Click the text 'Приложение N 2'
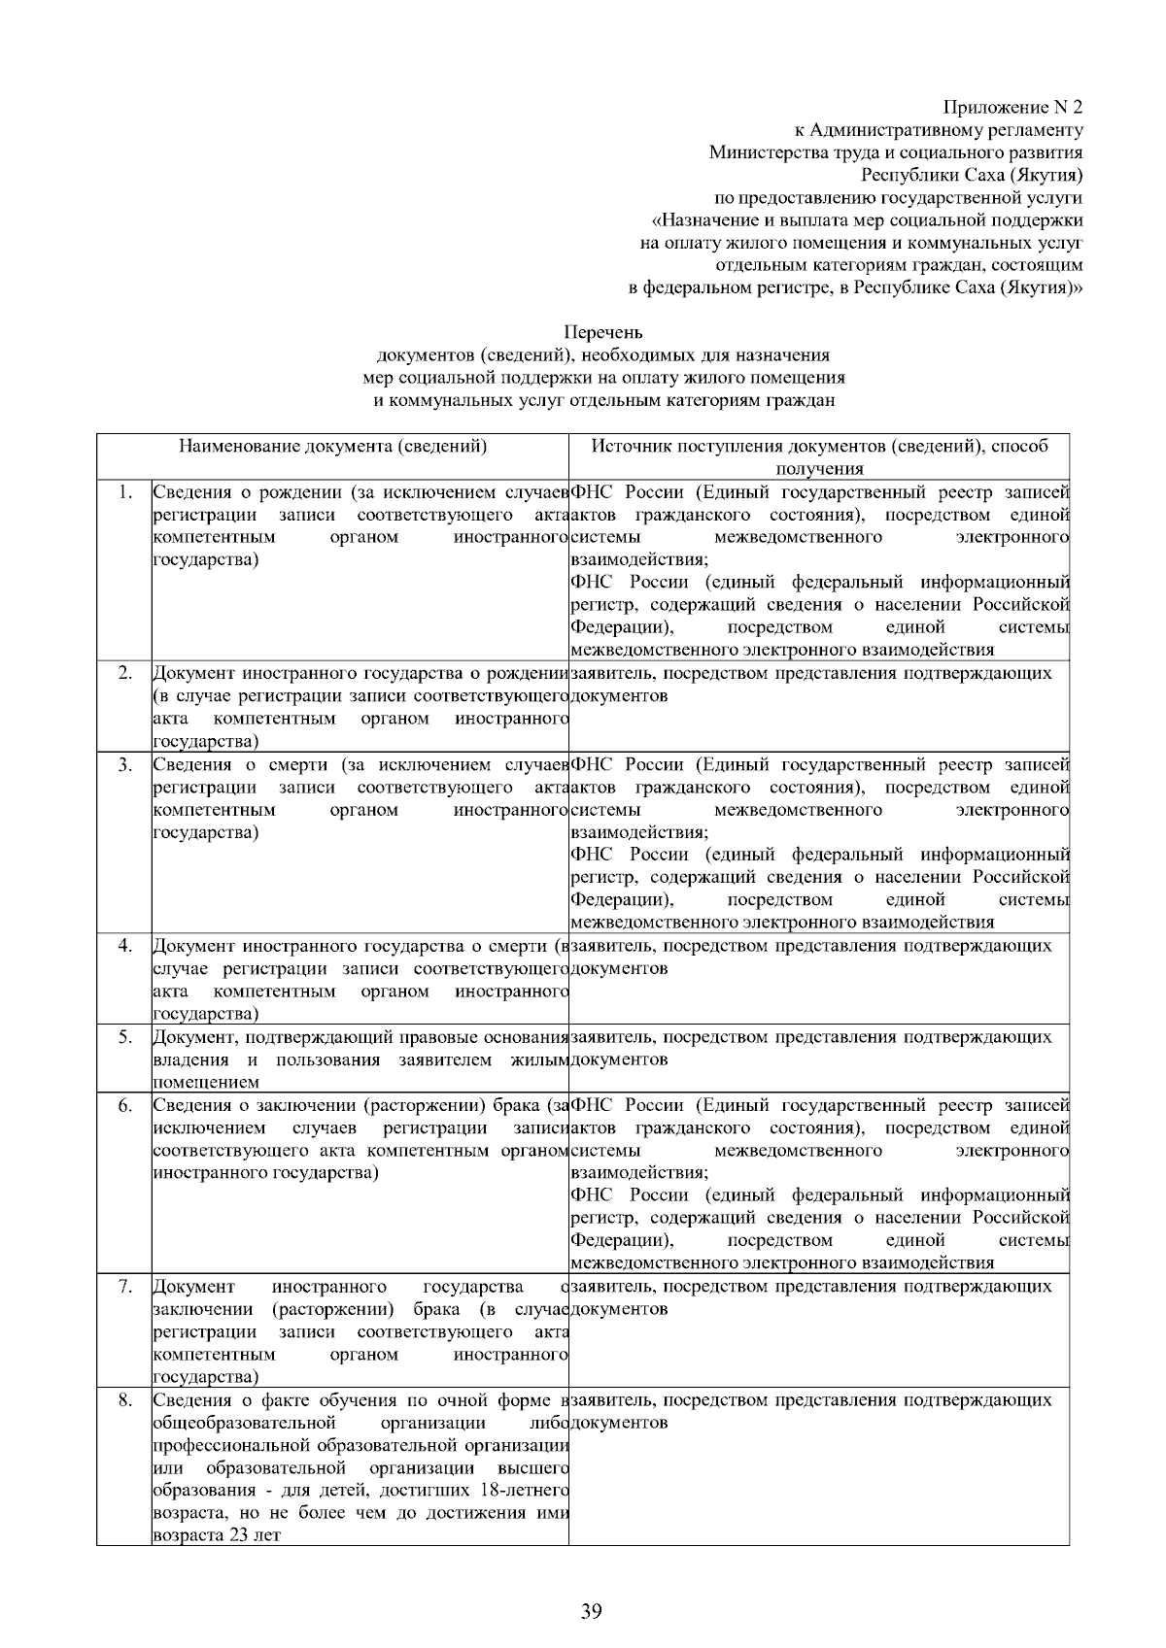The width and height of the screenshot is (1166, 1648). click(1012, 106)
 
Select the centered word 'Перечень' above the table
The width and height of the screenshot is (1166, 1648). click(603, 334)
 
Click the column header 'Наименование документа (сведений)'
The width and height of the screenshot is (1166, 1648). click(332, 447)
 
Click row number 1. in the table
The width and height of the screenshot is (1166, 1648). click(124, 491)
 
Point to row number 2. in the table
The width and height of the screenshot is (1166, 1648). click(124, 673)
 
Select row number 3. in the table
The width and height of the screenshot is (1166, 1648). click(124, 764)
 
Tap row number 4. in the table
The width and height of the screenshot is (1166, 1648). click(124, 945)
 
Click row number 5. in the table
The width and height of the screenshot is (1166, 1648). click(124, 1036)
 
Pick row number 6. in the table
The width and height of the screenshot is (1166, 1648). click(124, 1104)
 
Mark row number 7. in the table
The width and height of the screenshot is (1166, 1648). click(124, 1287)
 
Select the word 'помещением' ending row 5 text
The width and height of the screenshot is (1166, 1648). click(206, 1082)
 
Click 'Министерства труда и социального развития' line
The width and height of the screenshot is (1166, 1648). click(895, 152)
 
